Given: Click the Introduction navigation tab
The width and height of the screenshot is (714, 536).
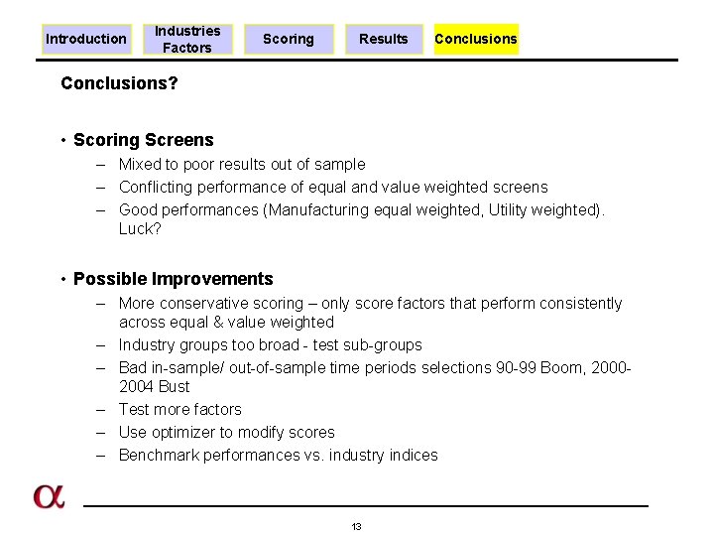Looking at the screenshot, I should pyautogui.click(x=86, y=39).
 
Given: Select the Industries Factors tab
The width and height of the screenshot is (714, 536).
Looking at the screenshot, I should pyautogui.click(x=187, y=39).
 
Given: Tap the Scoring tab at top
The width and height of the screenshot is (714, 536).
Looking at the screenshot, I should pyautogui.click(x=289, y=39).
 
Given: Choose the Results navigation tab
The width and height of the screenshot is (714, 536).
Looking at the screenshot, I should pyautogui.click(x=384, y=39).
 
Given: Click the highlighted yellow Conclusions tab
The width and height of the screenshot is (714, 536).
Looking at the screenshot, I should pyautogui.click(x=476, y=39).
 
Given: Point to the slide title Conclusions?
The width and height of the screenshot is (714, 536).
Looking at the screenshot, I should pyautogui.click(x=119, y=83).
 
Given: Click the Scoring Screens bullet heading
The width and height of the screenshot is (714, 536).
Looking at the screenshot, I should pyautogui.click(x=143, y=140).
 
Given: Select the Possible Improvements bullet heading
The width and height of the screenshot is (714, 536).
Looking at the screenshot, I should pyautogui.click(x=173, y=279).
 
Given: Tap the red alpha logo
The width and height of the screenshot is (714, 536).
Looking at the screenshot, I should pyautogui.click(x=49, y=496).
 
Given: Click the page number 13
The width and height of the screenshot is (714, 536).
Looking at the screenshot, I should pyautogui.click(x=356, y=526).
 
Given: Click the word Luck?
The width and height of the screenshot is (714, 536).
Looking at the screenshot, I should pyautogui.click(x=140, y=228).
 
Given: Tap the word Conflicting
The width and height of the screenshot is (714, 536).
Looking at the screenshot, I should pyautogui.click(x=156, y=187).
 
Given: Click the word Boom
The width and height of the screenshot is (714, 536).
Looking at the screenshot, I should pyautogui.click(x=559, y=367).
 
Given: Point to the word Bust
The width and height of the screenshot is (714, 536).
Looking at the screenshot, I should pyautogui.click(x=174, y=386).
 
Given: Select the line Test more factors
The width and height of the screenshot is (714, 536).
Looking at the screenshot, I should pyautogui.click(x=179, y=409).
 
